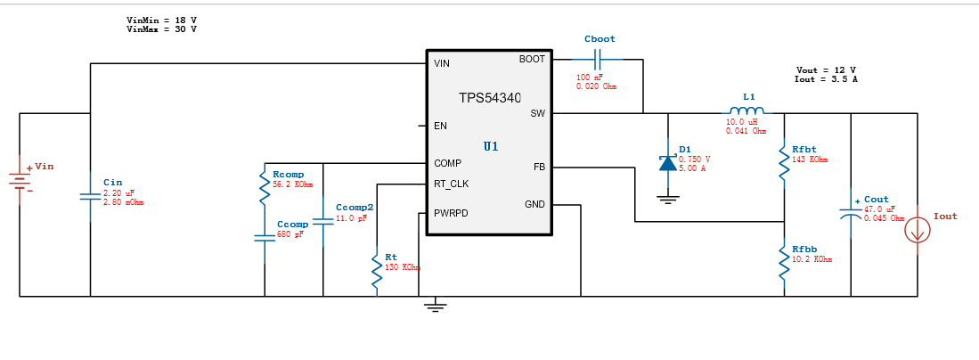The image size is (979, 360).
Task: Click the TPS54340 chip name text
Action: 490,98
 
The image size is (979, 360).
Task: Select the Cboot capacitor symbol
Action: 599,60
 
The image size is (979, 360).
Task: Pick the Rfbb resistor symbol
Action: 784,262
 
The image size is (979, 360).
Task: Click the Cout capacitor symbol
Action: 851,214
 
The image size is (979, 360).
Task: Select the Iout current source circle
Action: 918,231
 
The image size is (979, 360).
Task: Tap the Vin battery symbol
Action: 20,179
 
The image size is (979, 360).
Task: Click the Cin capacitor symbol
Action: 90,196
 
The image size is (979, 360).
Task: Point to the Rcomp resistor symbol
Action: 265,187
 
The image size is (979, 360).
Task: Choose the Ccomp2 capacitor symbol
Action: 323,220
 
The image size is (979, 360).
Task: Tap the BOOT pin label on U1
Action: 531,59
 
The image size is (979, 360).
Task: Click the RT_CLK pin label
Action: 451,184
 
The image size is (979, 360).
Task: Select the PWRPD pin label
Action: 451,214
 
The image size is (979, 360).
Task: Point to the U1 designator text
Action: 491,145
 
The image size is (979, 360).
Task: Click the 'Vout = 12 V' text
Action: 826,70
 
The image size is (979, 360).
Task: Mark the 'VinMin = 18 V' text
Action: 162,20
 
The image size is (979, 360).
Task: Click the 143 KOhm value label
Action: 810,160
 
